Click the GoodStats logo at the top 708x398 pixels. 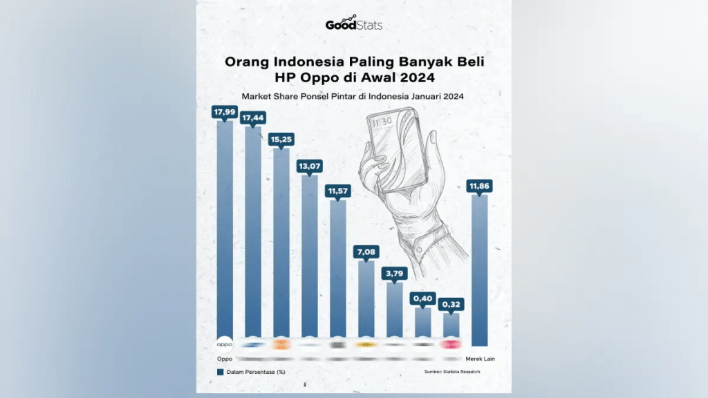click(353, 24)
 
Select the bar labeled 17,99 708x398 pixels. click(225, 228)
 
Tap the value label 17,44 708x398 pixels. click(253, 118)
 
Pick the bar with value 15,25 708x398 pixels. click(281, 242)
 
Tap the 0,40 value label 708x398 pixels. click(422, 298)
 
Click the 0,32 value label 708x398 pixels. click(451, 304)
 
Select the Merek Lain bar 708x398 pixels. click(479, 269)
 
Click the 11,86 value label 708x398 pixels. click(479, 186)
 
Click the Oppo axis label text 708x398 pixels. click(225, 359)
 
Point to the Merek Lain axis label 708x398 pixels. click(479, 359)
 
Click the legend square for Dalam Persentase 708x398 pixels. click(221, 372)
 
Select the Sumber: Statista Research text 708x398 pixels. click(452, 372)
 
